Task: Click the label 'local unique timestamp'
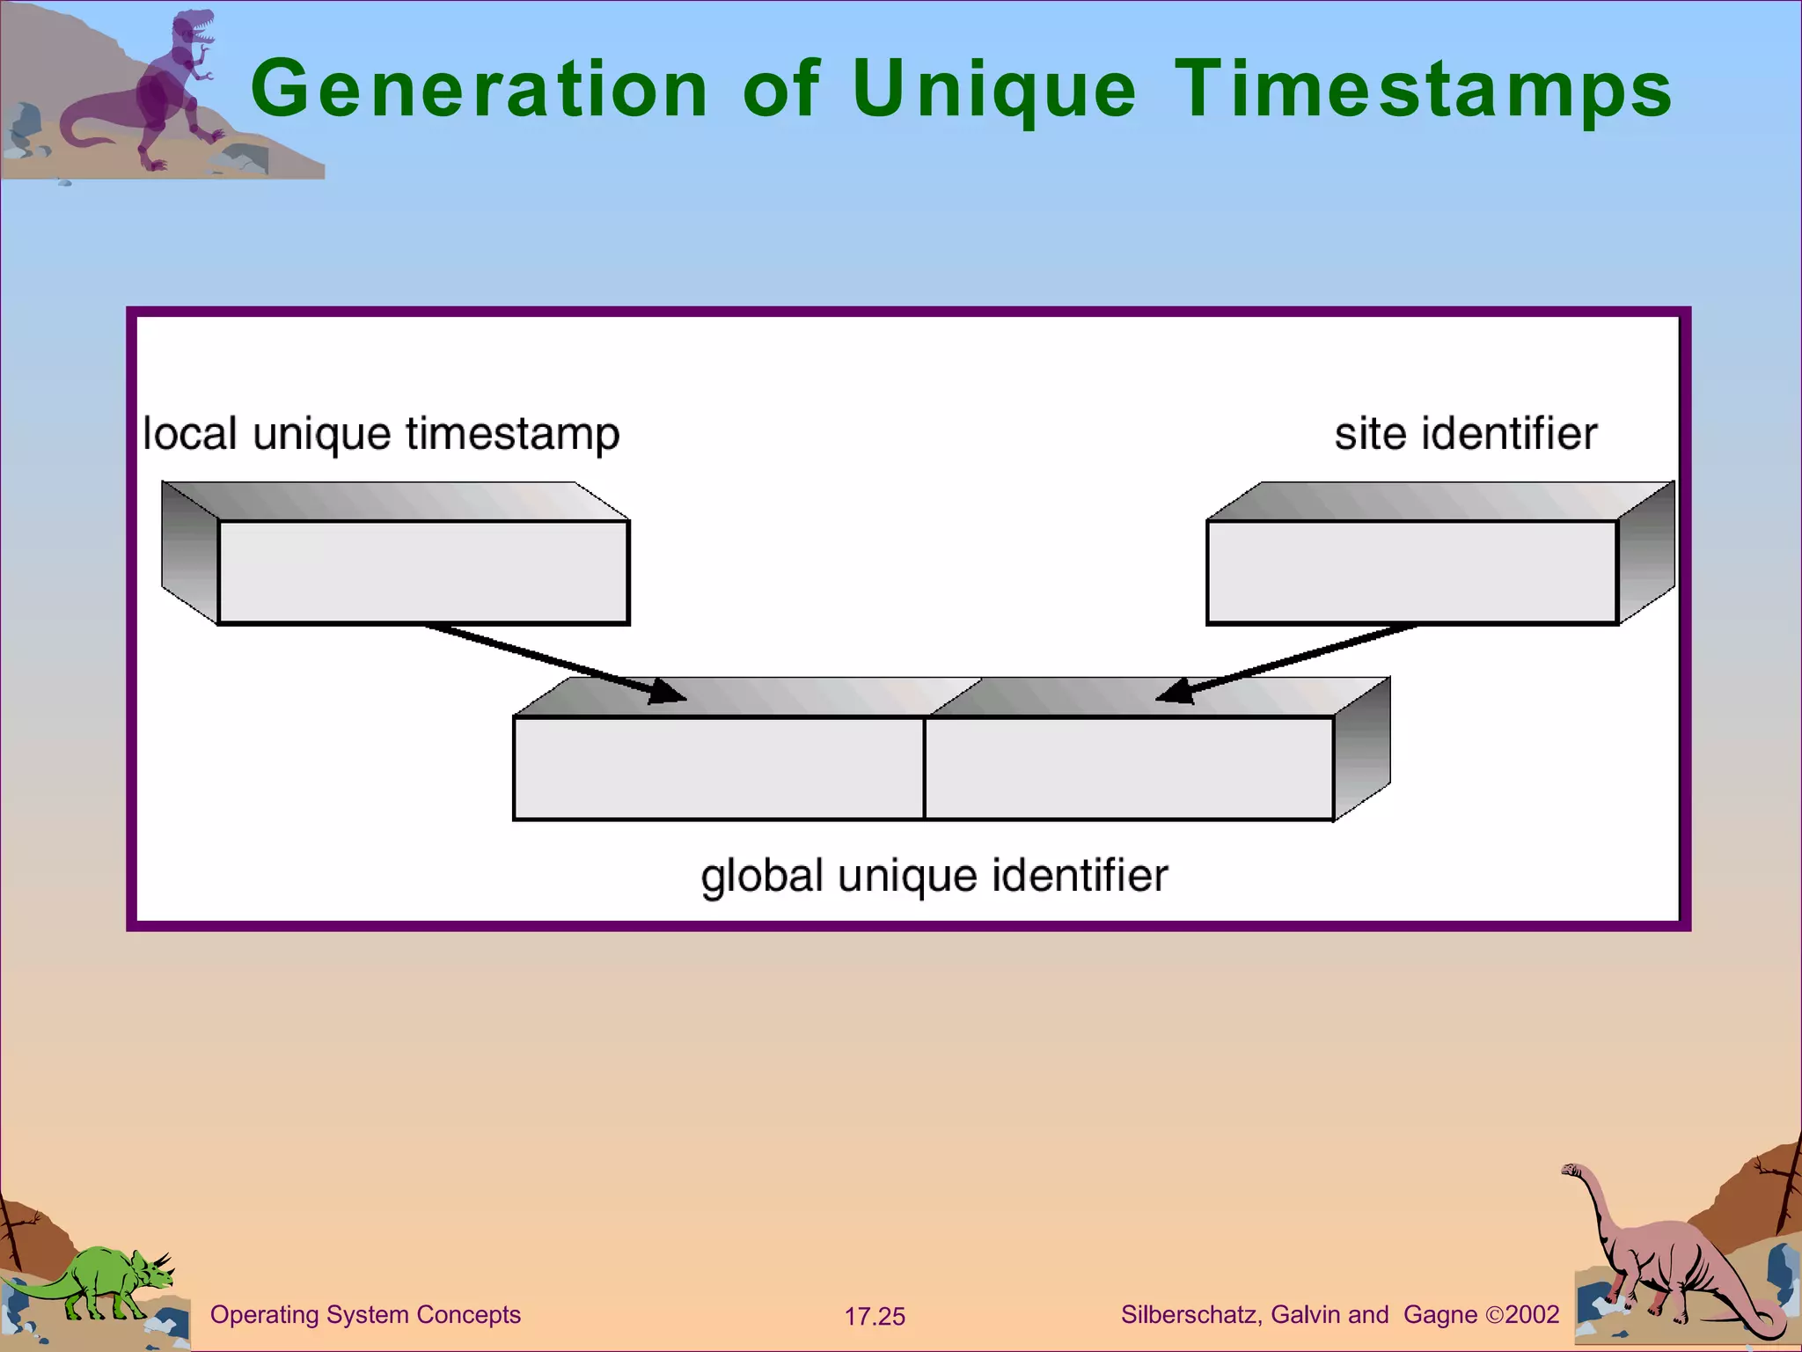coord(381,434)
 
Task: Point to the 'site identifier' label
coord(1465,434)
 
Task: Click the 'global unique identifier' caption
coord(934,876)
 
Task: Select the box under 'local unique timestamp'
coord(422,572)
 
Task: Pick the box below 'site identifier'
coord(1411,572)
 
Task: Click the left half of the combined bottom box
coord(718,768)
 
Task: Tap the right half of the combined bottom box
coord(1129,768)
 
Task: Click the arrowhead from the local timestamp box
coord(669,693)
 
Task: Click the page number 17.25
coord(875,1317)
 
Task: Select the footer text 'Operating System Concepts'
coord(365,1315)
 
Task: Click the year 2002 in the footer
coord(1532,1315)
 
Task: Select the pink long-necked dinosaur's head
coord(1571,1171)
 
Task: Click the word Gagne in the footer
coord(1439,1315)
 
